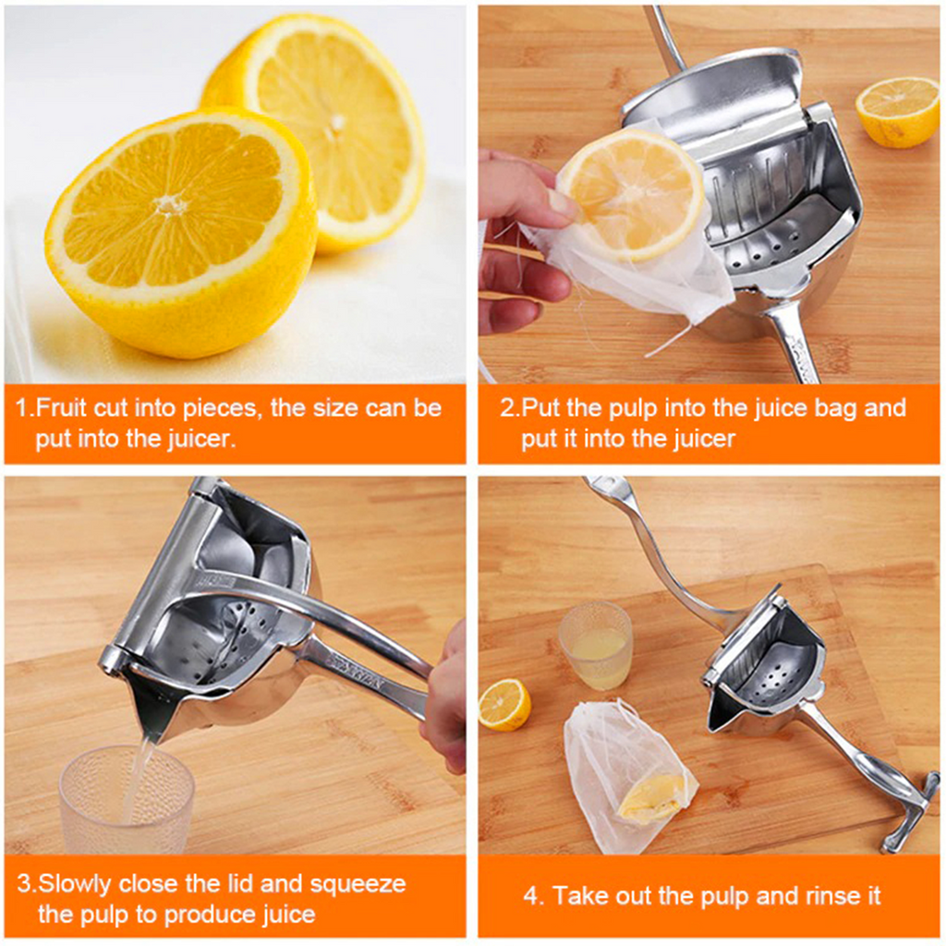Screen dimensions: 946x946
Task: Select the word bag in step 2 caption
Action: tap(836, 407)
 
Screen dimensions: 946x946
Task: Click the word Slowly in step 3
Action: tap(75, 884)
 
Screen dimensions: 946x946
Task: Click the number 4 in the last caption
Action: tap(531, 896)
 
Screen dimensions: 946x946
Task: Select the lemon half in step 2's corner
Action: tap(897, 112)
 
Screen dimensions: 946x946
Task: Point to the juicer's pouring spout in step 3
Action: tap(147, 709)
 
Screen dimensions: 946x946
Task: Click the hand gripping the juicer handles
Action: tap(445, 700)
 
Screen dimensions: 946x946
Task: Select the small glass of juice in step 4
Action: tap(596, 646)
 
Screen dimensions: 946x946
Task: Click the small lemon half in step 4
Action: tap(505, 705)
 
